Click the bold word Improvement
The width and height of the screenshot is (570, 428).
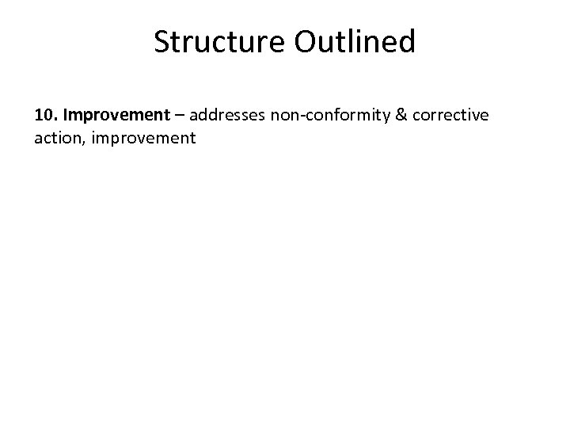pyautogui.click(x=116, y=116)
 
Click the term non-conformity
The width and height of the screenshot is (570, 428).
pyautogui.click(x=328, y=116)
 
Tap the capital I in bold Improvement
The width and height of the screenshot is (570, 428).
pyautogui.click(x=66, y=116)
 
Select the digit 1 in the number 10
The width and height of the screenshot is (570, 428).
pyautogui.click(x=39, y=116)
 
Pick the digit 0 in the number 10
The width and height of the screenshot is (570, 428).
pyautogui.click(x=47, y=116)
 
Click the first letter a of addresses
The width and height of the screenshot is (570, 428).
pyautogui.click(x=194, y=117)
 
